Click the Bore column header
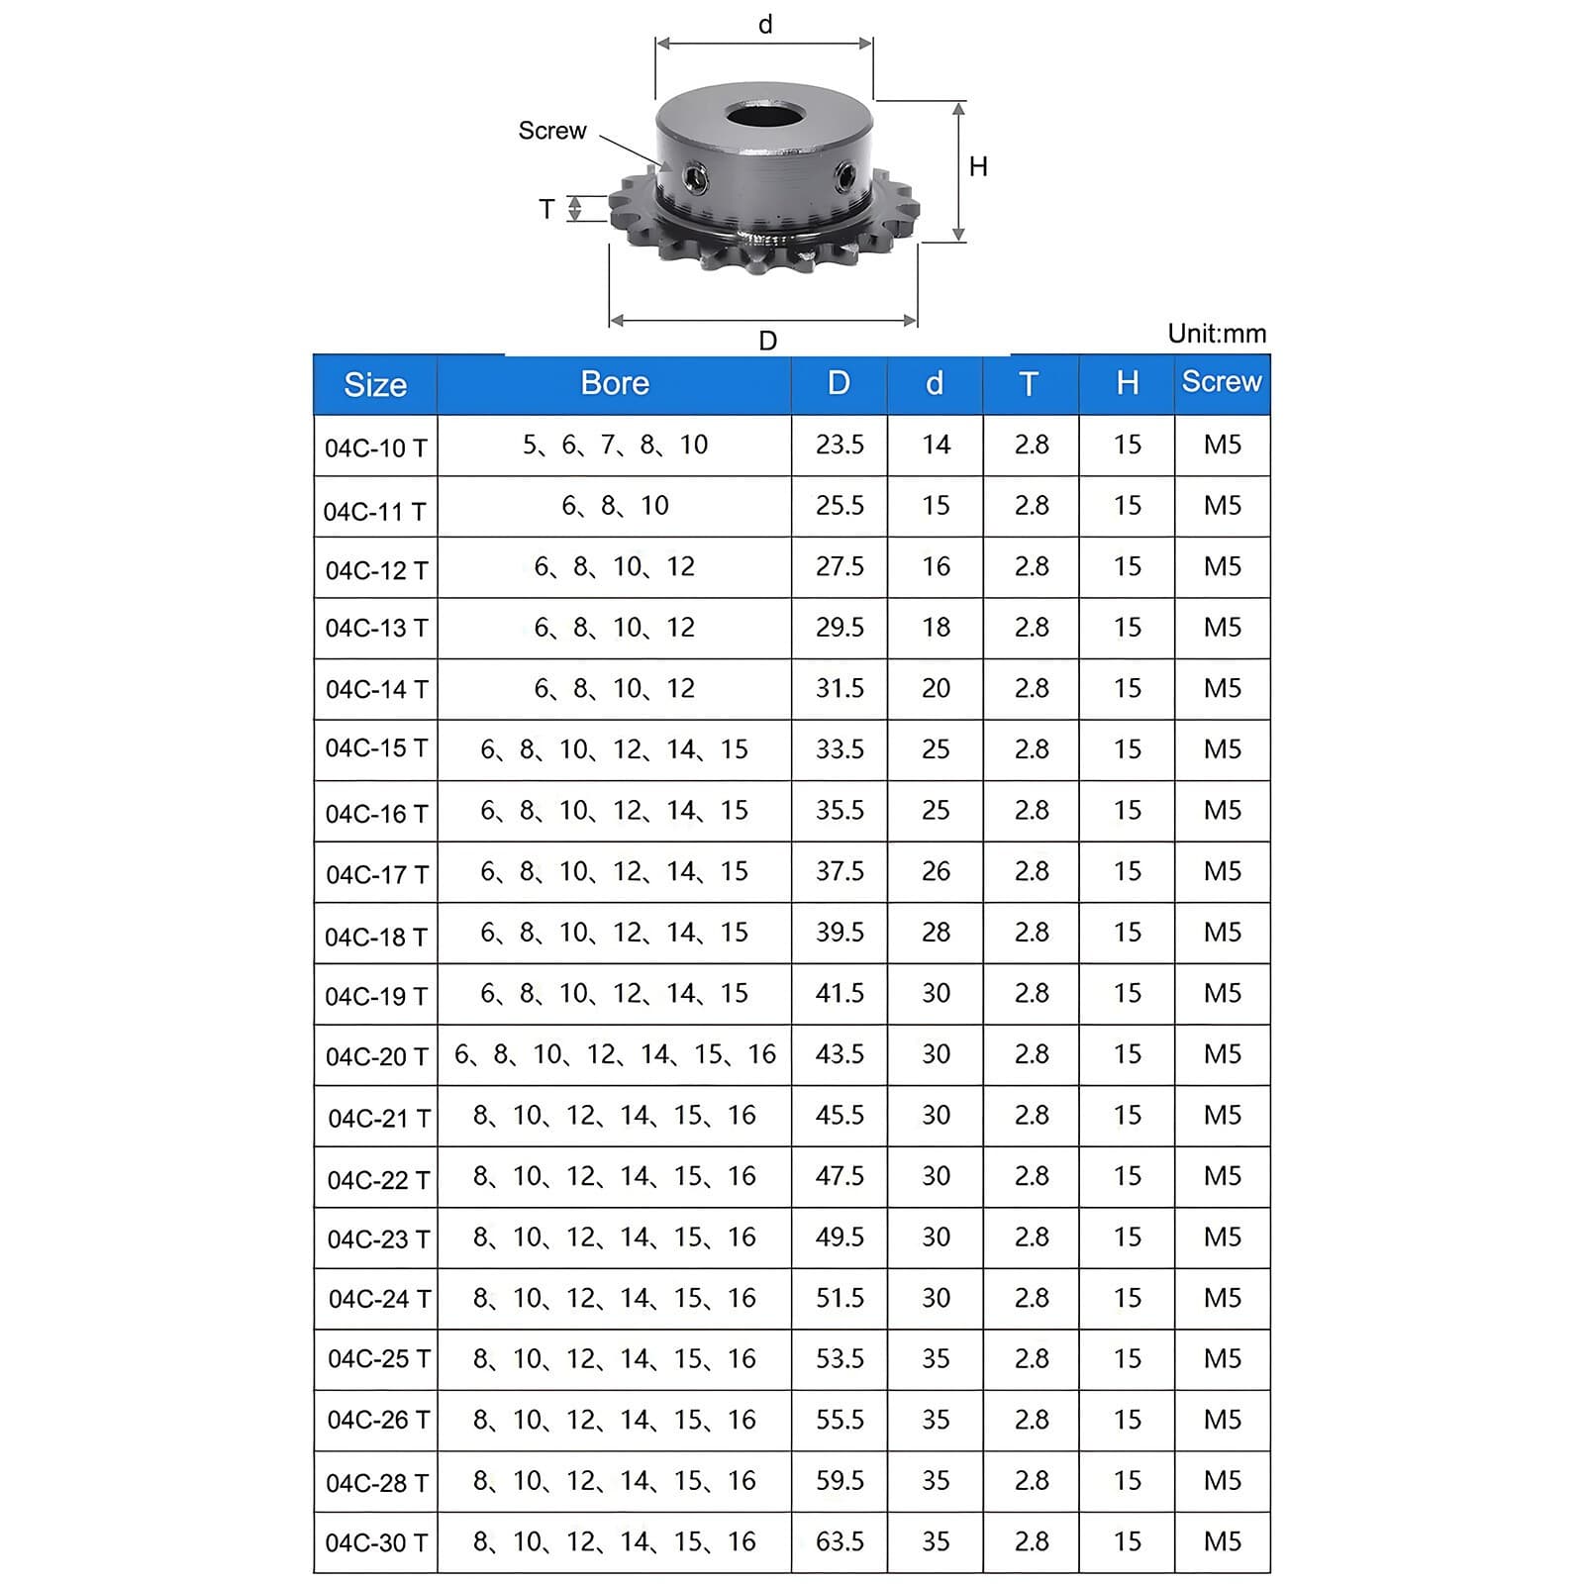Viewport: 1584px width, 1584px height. click(614, 383)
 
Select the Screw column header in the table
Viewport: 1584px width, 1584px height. click(1222, 381)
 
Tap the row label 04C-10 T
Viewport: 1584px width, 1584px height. click(376, 447)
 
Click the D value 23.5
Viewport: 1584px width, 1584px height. click(840, 445)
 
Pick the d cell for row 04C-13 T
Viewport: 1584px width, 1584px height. click(936, 628)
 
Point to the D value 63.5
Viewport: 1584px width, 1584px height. click(840, 1541)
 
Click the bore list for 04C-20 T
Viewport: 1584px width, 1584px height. click(615, 1054)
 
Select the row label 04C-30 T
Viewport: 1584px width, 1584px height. click(376, 1542)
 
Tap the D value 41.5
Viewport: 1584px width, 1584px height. click(840, 993)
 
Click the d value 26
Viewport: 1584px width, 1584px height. click(936, 871)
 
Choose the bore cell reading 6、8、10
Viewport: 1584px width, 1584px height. click(615, 506)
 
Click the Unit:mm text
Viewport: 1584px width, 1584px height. click(1217, 334)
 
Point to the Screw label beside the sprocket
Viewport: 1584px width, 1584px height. click(552, 131)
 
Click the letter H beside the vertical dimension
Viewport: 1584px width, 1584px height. click(978, 166)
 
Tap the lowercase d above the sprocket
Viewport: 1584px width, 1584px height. click(765, 25)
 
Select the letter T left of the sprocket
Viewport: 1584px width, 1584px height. click(546, 209)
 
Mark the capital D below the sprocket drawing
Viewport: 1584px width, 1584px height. click(767, 341)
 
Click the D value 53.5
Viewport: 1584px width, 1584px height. click(840, 1358)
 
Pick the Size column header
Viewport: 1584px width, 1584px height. click(375, 384)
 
